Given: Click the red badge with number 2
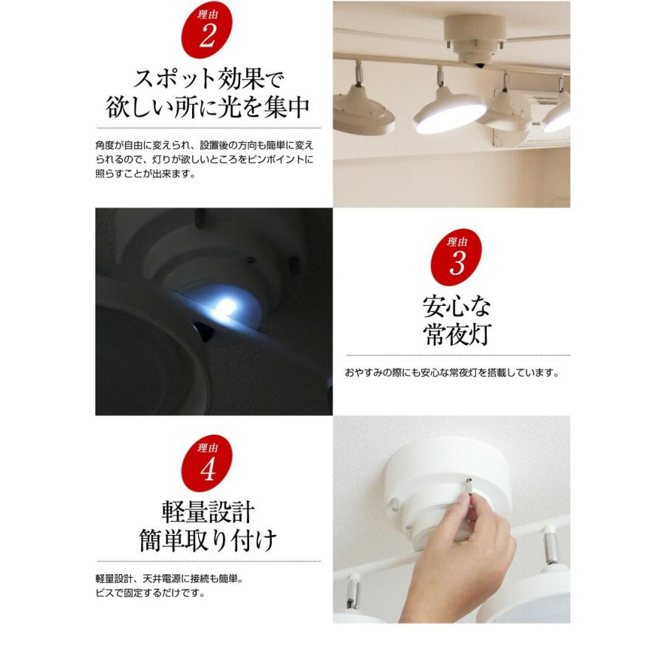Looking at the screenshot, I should (x=207, y=34).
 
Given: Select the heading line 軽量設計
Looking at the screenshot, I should (x=208, y=511).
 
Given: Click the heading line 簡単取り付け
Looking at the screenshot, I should (x=208, y=541).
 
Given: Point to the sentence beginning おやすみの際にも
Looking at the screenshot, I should (x=451, y=373).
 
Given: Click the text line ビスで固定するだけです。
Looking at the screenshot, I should (x=150, y=593).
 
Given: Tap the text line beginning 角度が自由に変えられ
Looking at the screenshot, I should (x=205, y=144).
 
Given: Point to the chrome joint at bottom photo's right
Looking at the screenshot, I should (x=550, y=547).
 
